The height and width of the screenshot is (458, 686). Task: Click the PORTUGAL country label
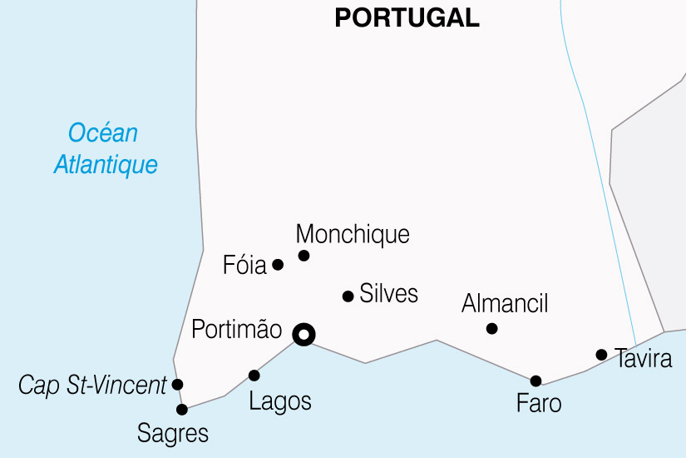point(407,17)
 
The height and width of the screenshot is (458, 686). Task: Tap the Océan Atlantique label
point(106,148)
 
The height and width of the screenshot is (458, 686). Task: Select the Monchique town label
point(353,234)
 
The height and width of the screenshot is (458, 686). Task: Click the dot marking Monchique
point(304,256)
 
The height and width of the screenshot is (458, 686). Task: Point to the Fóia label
point(244,266)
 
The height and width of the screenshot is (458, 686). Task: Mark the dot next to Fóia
point(278,265)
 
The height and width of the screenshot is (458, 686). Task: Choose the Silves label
point(388,293)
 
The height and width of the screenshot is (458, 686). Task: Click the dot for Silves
point(348,296)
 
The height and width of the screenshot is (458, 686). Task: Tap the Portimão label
point(237,329)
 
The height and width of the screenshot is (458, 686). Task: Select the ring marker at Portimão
point(304,335)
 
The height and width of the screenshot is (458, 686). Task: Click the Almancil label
point(505,303)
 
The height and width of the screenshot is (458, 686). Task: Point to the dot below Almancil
point(491,329)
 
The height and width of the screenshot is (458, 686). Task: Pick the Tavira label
point(644,360)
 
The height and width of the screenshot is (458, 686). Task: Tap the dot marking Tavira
point(601,355)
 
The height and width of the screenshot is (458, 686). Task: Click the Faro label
point(539,404)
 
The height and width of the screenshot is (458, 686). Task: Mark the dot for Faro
point(535,381)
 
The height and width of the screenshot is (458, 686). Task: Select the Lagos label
point(280,401)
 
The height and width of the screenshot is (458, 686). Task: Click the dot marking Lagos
point(254,376)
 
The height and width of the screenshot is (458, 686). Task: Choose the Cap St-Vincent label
point(92,386)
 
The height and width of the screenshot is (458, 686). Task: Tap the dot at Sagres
point(182,409)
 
